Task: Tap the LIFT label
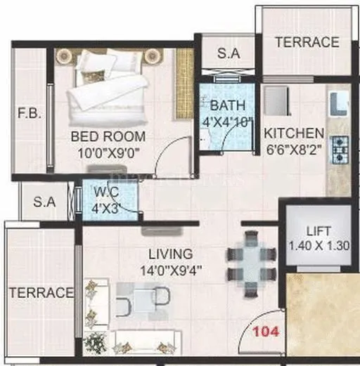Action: pos(319,231)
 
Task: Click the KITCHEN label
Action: pos(293,133)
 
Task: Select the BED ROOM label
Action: pos(108,136)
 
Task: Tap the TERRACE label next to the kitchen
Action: pos(307,42)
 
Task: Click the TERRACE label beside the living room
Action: pos(41,292)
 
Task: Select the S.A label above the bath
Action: pos(226,52)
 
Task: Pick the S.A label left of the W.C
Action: pos(44,202)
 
